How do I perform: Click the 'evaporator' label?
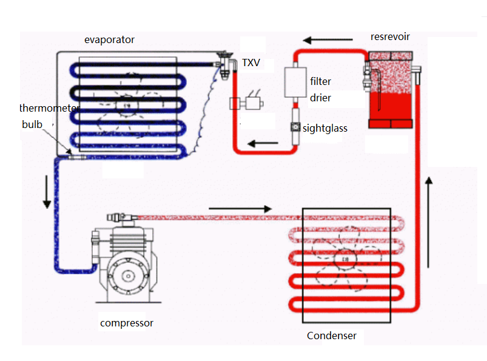109,40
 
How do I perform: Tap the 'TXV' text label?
251,62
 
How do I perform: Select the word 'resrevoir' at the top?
390,37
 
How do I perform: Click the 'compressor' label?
127,323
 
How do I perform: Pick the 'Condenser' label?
331,336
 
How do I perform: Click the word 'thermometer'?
49,109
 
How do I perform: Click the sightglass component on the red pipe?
295,127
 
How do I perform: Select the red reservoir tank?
391,91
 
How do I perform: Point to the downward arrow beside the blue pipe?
47,193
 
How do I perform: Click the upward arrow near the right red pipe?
429,222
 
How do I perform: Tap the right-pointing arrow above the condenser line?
240,209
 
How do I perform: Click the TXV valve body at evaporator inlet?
225,63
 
